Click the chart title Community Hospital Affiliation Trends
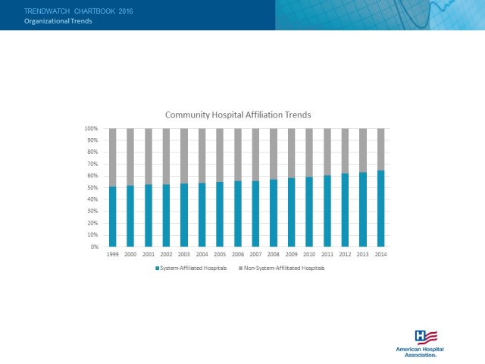point(239,115)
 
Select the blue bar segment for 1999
point(113,217)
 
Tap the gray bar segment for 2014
point(380,149)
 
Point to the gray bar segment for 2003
point(184,155)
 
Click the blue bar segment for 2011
point(327,211)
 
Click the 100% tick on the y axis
point(91,129)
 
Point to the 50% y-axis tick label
point(92,188)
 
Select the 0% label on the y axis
point(94,247)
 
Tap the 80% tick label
point(92,152)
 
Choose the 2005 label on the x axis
point(220,254)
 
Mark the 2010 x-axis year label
point(309,254)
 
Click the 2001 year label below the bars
point(149,254)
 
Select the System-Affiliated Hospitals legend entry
point(191,268)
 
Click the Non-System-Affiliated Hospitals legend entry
point(282,268)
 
